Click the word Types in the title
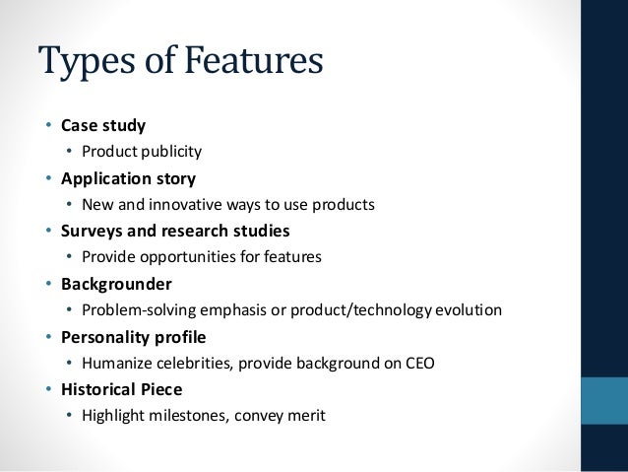coord(85,62)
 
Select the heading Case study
coord(102,125)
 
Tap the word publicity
coord(169,152)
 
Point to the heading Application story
coord(128,178)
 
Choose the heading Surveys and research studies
coord(175,232)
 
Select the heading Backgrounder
coord(116,284)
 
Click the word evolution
coord(468,310)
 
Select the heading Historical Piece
coord(121,389)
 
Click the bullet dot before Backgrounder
coord(48,285)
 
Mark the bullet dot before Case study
coord(48,126)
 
